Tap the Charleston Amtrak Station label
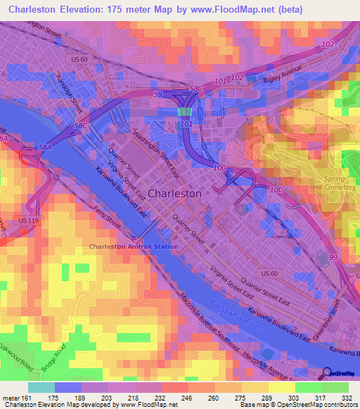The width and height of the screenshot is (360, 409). coord(134,247)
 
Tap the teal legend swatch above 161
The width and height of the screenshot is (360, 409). coord(41,387)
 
